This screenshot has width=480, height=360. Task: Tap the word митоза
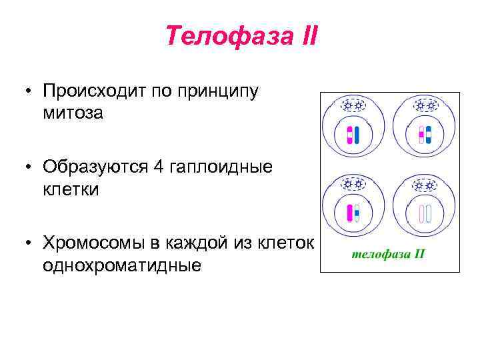point(73,113)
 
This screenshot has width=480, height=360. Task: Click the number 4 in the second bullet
point(157,166)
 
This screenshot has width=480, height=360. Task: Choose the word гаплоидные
point(221,167)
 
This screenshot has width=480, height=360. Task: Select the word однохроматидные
point(122,265)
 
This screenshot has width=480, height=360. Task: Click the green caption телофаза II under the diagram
point(388,254)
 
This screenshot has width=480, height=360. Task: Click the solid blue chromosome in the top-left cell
point(357,135)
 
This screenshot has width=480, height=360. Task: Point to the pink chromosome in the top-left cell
point(349,135)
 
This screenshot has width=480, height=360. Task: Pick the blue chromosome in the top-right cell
point(429,135)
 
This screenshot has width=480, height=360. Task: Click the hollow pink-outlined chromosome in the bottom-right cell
point(421,213)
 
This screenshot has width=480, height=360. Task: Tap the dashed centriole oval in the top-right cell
point(425,105)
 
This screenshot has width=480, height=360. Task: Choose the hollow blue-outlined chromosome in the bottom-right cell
point(429,213)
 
